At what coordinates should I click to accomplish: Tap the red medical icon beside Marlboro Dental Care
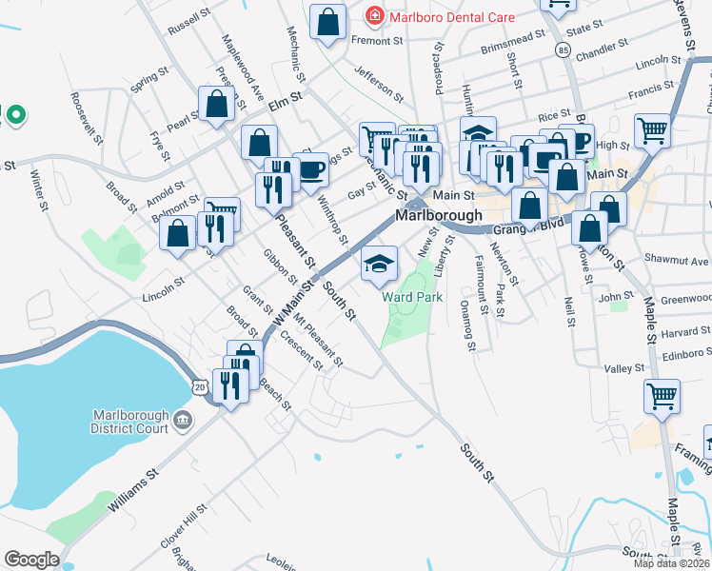click(x=375, y=17)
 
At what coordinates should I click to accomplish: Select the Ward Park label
click(x=413, y=298)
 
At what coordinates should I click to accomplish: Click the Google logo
click(x=31, y=560)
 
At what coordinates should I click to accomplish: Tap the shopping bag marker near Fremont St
click(x=328, y=23)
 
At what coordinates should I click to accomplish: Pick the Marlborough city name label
click(x=440, y=215)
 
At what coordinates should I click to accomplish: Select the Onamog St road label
click(x=467, y=325)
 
